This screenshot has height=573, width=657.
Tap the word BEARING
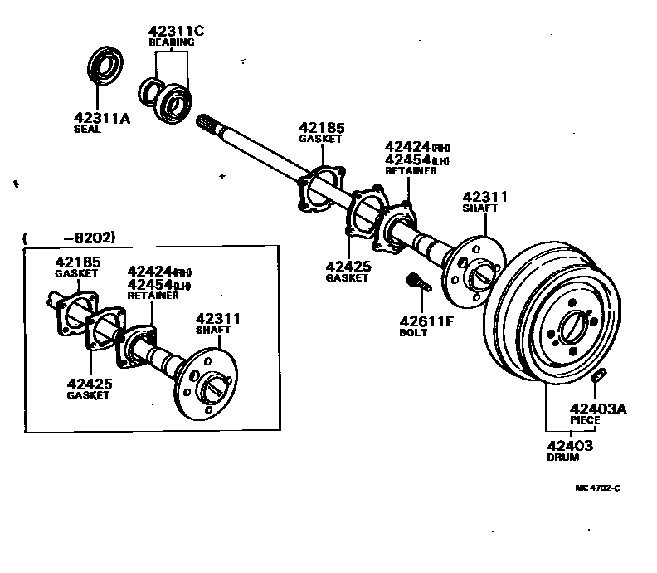[171, 42]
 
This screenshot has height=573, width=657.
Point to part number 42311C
[176, 32]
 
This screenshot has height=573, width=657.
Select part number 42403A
[597, 409]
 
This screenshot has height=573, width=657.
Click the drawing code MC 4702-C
[596, 488]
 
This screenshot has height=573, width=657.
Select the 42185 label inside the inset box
[77, 262]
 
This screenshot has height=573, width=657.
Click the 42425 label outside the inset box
[347, 267]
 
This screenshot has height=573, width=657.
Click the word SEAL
[87, 130]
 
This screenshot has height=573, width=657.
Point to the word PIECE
[585, 420]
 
